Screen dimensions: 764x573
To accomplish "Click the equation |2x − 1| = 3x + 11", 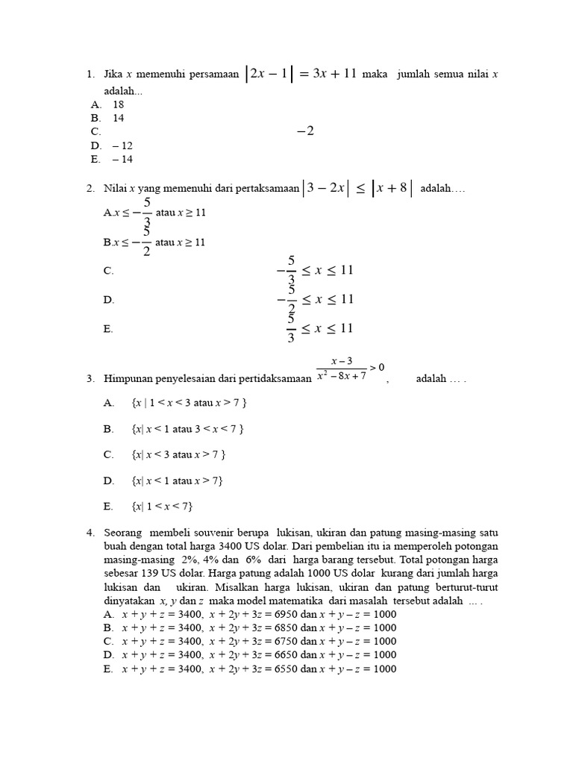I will pos(301,74).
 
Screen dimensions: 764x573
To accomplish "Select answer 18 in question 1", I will pos(119,104).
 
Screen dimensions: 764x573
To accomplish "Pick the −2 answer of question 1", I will pos(305,131).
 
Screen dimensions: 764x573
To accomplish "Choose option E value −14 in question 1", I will pos(122,159).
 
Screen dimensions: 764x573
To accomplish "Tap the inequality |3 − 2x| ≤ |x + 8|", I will pos(357,189).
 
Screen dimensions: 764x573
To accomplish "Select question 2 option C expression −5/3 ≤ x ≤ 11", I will pos(314,270).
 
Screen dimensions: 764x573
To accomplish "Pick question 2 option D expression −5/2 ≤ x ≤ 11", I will pos(314,299).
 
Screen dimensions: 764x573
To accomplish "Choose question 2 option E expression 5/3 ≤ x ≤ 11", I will pos(319,328).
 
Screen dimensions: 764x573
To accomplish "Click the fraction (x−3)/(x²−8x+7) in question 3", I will pos(342,369).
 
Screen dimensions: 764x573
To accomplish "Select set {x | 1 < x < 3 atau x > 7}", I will pos(188,403).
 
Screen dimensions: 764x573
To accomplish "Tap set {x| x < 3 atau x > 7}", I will pos(178,454).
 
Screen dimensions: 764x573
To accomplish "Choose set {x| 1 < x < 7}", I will pos(162,507).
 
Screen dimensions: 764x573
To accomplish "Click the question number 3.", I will pos(90,378).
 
